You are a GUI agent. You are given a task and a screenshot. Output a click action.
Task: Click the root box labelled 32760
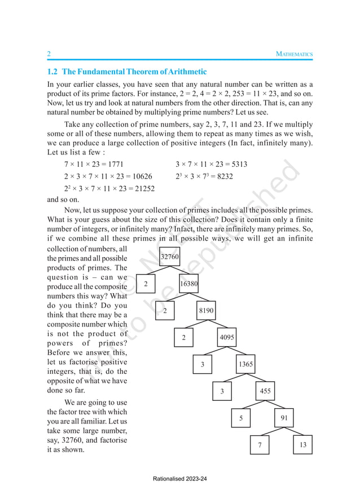tap(170, 257)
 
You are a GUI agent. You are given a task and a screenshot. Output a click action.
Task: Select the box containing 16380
tap(188, 284)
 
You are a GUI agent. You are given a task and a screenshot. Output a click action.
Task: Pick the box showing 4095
tap(227, 338)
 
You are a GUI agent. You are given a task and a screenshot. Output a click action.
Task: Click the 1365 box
tap(245, 364)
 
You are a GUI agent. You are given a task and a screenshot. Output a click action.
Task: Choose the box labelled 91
tap(283, 418)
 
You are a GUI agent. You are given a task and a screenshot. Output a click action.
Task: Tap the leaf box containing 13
tap(302, 445)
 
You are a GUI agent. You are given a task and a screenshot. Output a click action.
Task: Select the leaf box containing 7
tap(260, 445)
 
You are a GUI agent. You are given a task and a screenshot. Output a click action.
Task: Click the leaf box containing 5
tap(241, 418)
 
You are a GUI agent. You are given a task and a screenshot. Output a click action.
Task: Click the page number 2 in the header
tap(49, 54)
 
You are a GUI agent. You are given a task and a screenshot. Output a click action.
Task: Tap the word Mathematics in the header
tap(294, 54)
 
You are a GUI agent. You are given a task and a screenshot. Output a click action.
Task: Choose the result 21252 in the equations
tap(142, 188)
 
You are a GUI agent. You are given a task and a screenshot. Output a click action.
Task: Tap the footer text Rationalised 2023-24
tap(180, 479)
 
